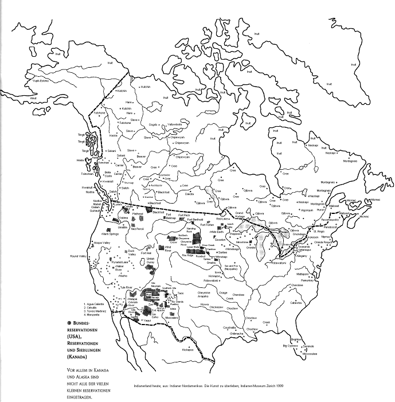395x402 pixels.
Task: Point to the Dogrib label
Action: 153,124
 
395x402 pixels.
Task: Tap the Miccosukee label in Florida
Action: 309,354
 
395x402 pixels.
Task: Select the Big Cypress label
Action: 290,346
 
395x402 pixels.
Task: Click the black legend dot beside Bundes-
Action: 69,323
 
